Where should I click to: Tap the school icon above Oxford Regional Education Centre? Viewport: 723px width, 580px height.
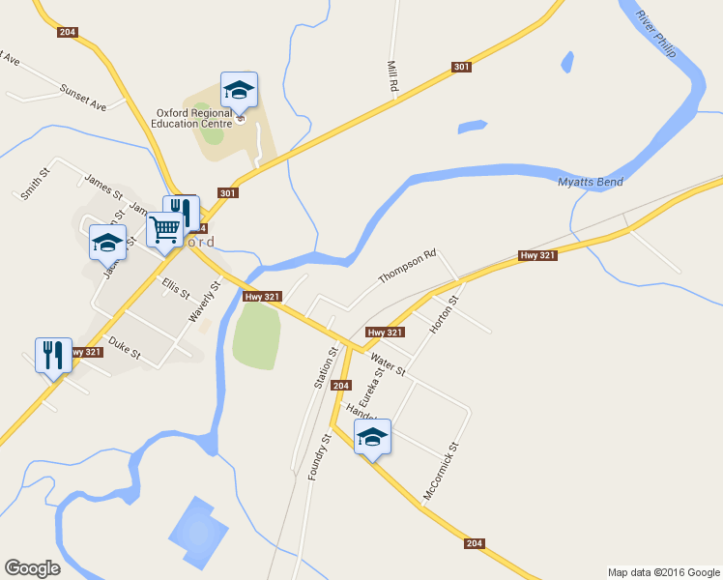239,92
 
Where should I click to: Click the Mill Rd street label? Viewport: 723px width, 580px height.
393,76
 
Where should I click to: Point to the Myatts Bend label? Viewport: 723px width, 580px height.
591,183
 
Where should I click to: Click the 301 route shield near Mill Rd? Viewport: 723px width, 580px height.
461,68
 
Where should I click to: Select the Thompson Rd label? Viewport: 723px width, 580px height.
407,267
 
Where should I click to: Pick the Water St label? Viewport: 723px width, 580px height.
387,364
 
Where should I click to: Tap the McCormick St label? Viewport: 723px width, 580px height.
439,472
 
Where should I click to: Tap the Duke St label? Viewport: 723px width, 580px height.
125,348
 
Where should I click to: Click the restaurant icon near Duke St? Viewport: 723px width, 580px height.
52,355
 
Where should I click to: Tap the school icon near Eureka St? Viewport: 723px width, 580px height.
372,438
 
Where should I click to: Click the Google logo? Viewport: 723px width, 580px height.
32,567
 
